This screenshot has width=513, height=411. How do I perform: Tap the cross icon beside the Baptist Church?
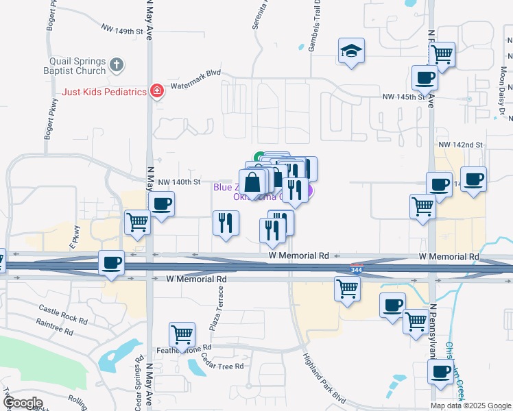click(117, 65)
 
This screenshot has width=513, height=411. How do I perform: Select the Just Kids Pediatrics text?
click(105, 91)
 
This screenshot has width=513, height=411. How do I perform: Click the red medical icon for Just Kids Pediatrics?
click(157, 90)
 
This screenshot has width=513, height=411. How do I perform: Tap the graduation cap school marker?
click(351, 51)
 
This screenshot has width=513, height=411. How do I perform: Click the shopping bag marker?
click(252, 183)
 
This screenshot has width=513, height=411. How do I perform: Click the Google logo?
click(23, 403)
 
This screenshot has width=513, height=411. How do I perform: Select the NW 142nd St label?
click(461, 145)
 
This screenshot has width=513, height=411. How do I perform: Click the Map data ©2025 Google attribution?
click(470, 405)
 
